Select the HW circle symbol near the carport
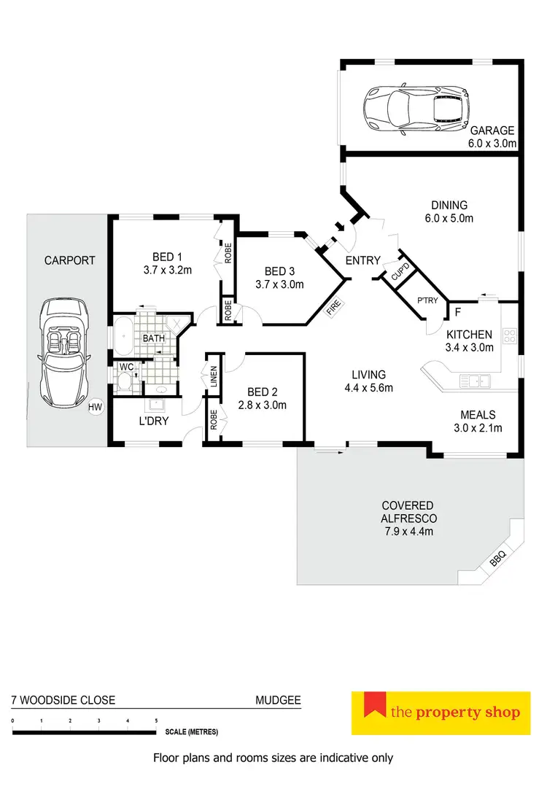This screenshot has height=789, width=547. [95, 408]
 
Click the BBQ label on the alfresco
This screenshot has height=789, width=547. [498, 559]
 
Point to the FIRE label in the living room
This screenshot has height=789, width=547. [333, 309]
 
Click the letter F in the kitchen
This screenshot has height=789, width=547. [457, 312]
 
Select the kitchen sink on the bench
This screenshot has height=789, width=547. [476, 379]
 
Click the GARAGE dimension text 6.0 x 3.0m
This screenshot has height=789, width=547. [492, 144]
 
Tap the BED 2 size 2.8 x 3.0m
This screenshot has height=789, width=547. [261, 405]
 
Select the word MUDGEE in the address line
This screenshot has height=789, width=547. [278, 700]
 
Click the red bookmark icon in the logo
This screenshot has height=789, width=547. [375, 704]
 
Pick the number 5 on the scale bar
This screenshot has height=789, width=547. [156, 720]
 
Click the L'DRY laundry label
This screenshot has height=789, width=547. [154, 421]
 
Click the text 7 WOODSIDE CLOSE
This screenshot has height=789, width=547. [63, 700]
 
